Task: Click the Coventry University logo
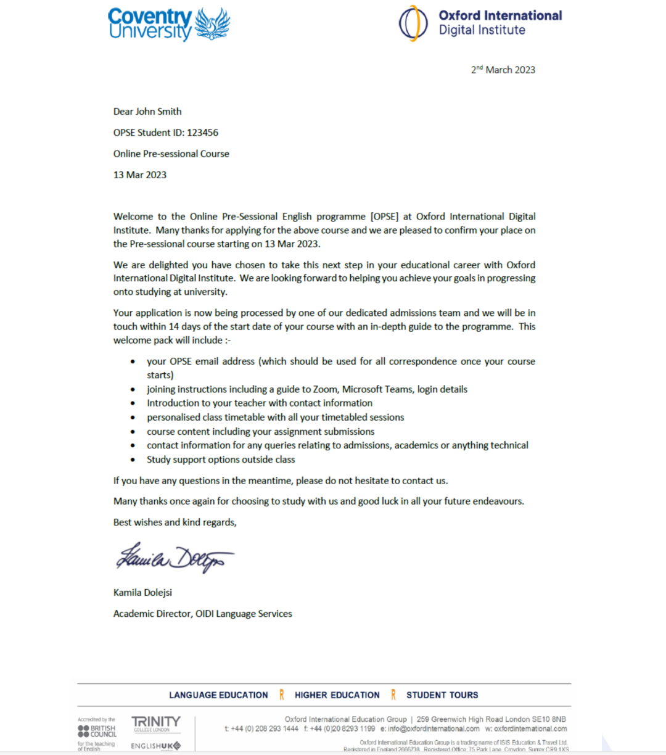(168, 24)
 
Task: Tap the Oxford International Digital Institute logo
(480, 23)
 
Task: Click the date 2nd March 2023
(503, 70)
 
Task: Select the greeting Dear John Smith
(147, 112)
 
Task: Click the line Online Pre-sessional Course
(171, 154)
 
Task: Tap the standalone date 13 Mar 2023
(140, 175)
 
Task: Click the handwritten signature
(175, 557)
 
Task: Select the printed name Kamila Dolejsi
(142, 592)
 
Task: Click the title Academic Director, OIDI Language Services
(202, 614)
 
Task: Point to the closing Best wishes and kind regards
(175, 522)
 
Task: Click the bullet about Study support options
(221, 460)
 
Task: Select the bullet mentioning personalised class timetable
(275, 418)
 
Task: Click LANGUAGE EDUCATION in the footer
(218, 695)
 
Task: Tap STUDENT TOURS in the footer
(442, 695)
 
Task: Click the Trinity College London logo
(155, 723)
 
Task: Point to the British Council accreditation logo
(97, 731)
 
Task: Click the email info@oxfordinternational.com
(434, 728)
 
